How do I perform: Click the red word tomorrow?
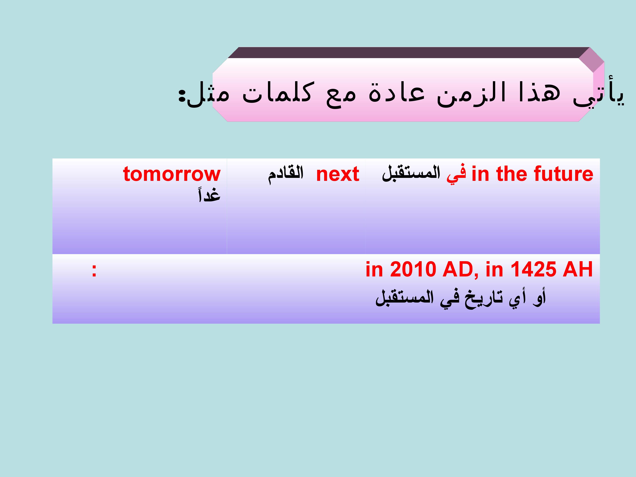click(x=172, y=174)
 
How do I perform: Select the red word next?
click(x=338, y=174)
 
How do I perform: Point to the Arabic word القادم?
click(x=286, y=174)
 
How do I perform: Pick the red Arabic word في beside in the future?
click(x=456, y=174)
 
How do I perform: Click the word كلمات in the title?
click(x=277, y=93)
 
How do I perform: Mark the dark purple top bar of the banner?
click(x=408, y=53)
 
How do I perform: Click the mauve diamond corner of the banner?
click(x=591, y=60)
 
